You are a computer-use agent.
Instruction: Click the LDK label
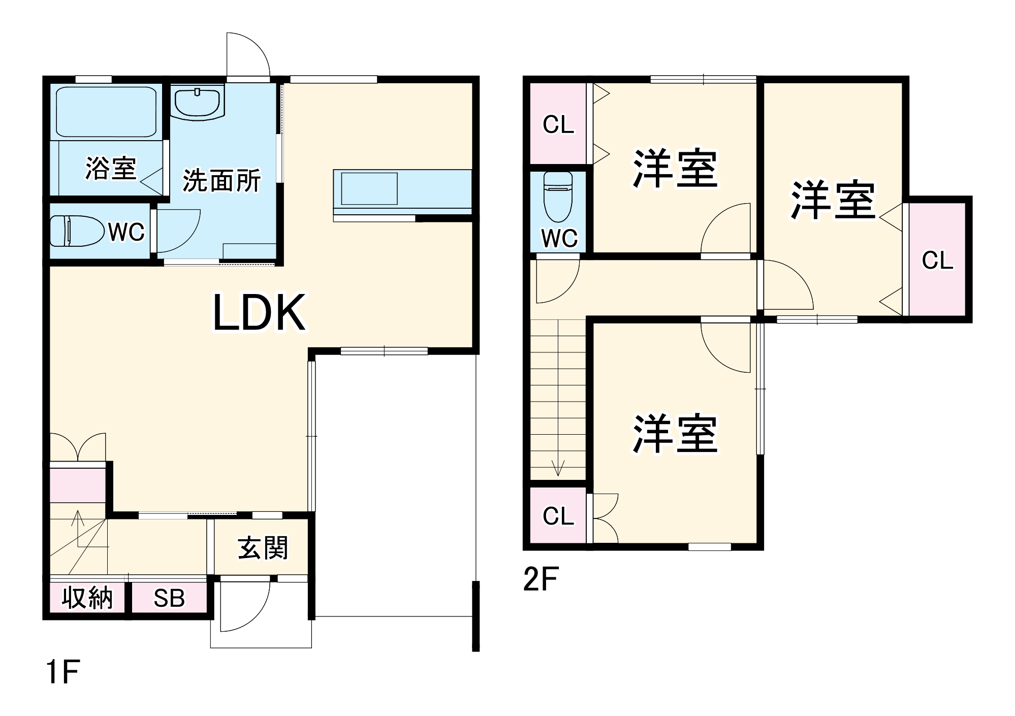(x=259, y=313)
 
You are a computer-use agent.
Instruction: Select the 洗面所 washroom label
(x=221, y=180)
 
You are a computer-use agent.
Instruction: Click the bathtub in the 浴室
(x=106, y=112)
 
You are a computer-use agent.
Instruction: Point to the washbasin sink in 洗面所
(x=198, y=102)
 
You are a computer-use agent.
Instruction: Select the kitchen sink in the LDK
(x=369, y=188)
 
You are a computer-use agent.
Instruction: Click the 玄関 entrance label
(x=262, y=548)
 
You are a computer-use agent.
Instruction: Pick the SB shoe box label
(x=169, y=598)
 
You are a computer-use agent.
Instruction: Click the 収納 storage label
(x=87, y=598)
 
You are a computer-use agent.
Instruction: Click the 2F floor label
(x=541, y=579)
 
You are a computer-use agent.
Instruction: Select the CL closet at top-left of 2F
(x=558, y=124)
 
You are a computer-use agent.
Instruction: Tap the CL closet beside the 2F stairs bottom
(x=558, y=516)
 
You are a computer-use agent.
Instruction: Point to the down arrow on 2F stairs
(x=558, y=467)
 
